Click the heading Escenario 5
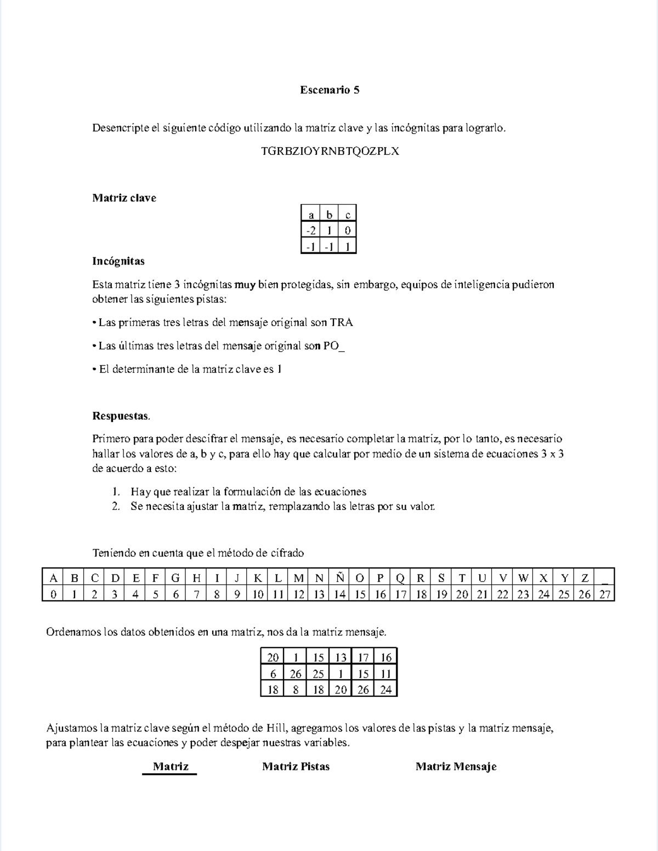330,90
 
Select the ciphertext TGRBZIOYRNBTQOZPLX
330,151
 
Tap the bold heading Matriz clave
124,198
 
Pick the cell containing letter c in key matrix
348,215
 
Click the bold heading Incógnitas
118,261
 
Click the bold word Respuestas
121,416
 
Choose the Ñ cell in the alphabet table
340,578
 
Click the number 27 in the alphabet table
605,594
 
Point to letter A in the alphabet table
53,578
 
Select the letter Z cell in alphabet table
585,578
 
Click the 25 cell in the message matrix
318,674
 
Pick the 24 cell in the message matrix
386,690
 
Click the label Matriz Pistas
296,767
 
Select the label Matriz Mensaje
456,767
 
